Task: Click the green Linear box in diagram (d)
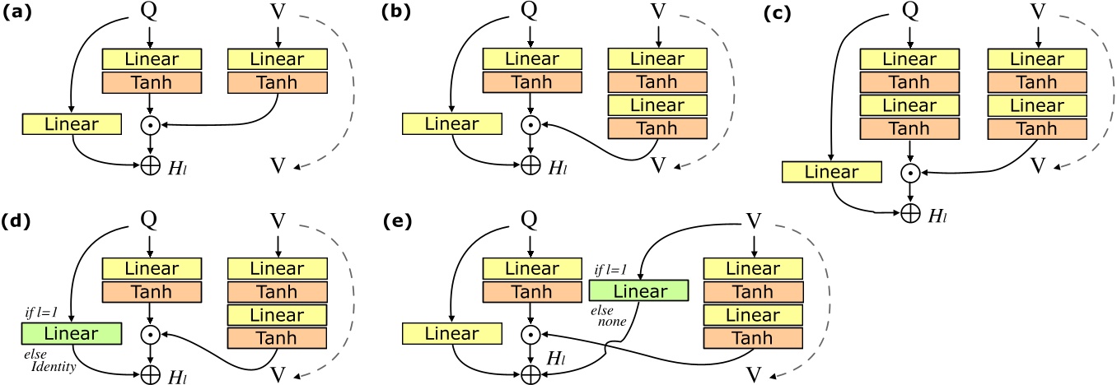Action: [x=72, y=334]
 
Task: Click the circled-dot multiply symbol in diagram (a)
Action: [x=151, y=125]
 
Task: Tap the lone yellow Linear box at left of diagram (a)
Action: [x=72, y=125]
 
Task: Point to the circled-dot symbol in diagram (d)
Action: [x=151, y=334]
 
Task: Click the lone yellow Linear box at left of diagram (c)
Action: [x=831, y=172]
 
